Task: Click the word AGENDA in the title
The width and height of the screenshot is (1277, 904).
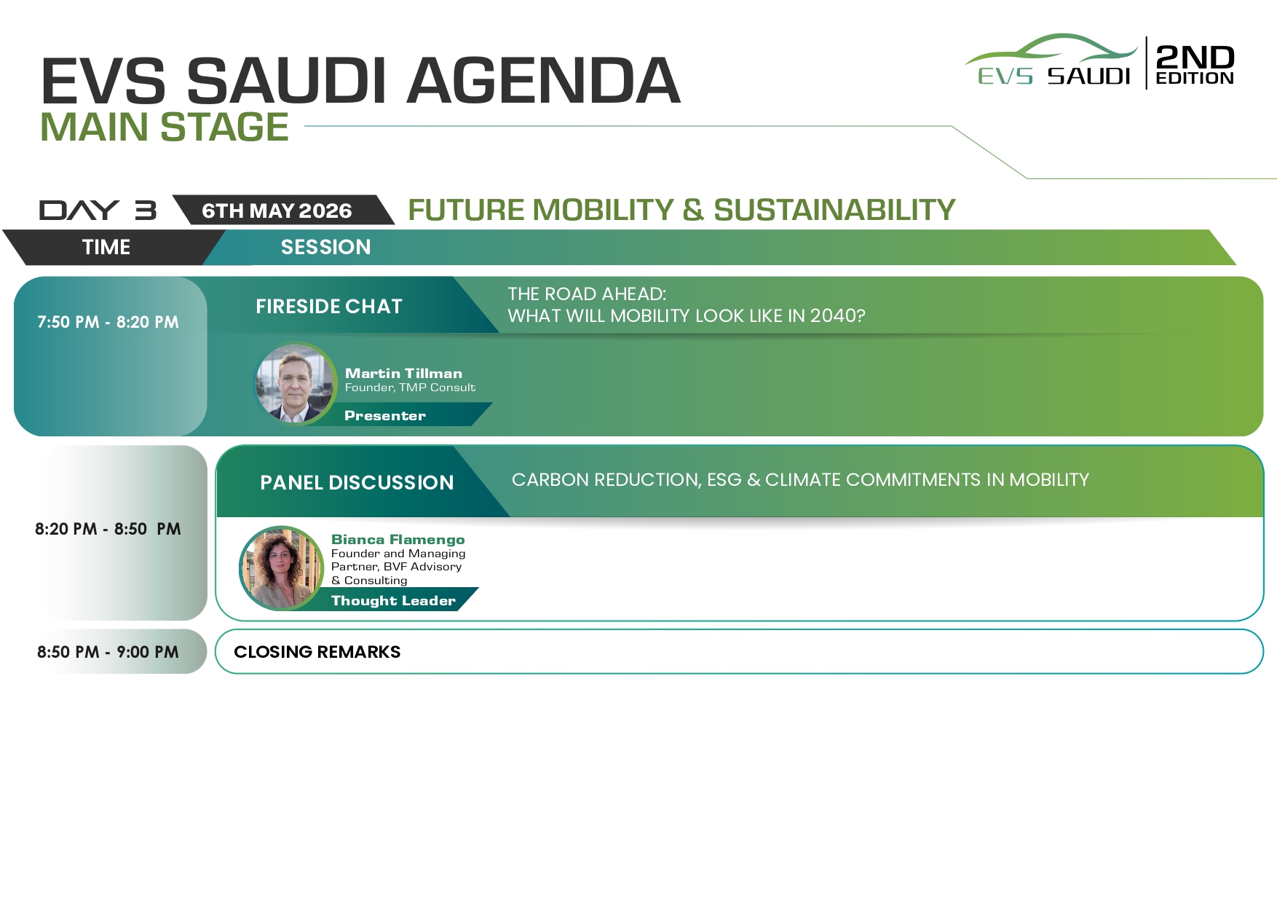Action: pyautogui.click(x=543, y=80)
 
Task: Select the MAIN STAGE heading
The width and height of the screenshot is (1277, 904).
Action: pyautogui.click(x=165, y=127)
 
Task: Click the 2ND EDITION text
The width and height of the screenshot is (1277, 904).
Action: pyautogui.click(x=1195, y=64)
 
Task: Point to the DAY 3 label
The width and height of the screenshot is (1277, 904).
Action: pyautogui.click(x=98, y=210)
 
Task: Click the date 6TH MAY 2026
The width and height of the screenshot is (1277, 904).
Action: pyautogui.click(x=277, y=211)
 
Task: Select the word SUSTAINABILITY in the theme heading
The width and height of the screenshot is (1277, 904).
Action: pyautogui.click(x=834, y=210)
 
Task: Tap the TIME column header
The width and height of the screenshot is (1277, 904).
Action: pyautogui.click(x=106, y=247)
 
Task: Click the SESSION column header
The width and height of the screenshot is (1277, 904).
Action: pyautogui.click(x=325, y=247)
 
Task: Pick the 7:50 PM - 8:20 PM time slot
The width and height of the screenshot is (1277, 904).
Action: pyautogui.click(x=108, y=322)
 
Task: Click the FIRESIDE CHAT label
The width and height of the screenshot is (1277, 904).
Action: pyautogui.click(x=329, y=306)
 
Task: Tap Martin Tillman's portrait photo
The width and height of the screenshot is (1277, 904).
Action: pyautogui.click(x=295, y=383)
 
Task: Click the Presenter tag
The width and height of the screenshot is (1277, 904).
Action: pyautogui.click(x=385, y=416)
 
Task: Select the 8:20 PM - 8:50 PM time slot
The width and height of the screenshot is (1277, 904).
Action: pyautogui.click(x=108, y=529)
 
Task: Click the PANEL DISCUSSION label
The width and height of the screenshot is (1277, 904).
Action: pyautogui.click(x=357, y=482)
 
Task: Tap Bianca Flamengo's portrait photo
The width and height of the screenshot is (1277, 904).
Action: pyautogui.click(x=282, y=568)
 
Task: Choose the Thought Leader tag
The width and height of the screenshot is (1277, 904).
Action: pyautogui.click(x=393, y=600)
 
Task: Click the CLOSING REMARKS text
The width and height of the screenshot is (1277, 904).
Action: pyautogui.click(x=317, y=652)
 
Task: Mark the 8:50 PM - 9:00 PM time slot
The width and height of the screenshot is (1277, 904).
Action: pyautogui.click(x=108, y=652)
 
